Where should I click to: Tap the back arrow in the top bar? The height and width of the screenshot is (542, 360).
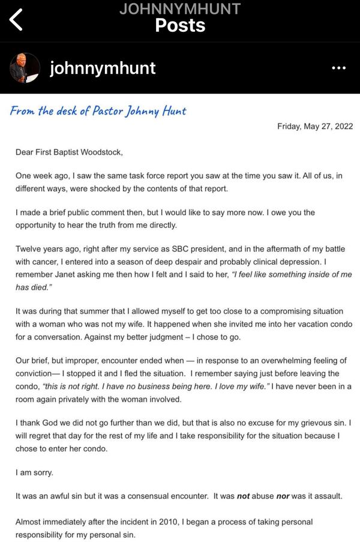point(16,20)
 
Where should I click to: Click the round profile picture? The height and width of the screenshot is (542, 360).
point(25,68)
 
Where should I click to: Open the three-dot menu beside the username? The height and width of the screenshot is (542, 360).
point(338,68)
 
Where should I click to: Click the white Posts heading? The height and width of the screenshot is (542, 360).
point(179,25)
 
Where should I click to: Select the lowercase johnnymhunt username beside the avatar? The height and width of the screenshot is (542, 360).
point(103,68)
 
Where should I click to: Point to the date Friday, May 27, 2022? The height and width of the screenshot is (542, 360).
point(314,126)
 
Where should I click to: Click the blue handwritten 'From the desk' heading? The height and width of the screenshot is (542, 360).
point(98,111)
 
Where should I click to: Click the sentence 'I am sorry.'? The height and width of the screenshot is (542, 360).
point(34,472)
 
